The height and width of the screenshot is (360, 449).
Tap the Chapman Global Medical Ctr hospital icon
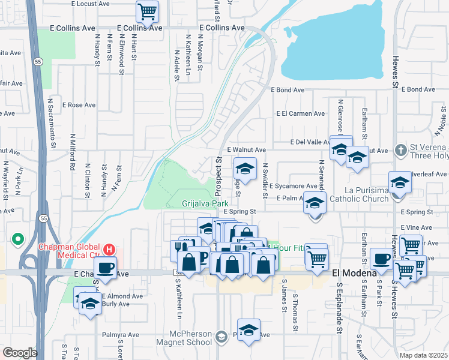tap(109, 248)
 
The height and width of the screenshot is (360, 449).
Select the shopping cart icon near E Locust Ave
tap(147, 11)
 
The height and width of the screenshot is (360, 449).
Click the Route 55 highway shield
tap(38, 62)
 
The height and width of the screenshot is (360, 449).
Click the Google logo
tap(20, 353)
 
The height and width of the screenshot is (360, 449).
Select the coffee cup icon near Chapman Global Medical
tap(105, 268)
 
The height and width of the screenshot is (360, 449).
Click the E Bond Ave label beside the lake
tap(288, 90)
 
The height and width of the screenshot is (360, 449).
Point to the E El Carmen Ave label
tap(300, 113)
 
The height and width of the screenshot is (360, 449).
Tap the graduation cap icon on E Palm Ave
tap(314, 203)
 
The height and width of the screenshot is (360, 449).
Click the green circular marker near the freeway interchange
tap(18, 241)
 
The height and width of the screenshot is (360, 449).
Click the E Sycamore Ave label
tap(293, 186)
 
